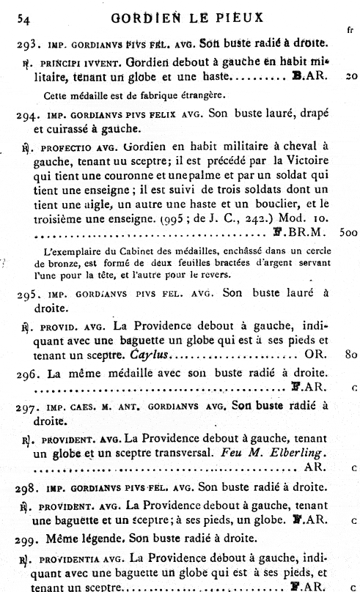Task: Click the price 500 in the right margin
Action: point(348,231)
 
